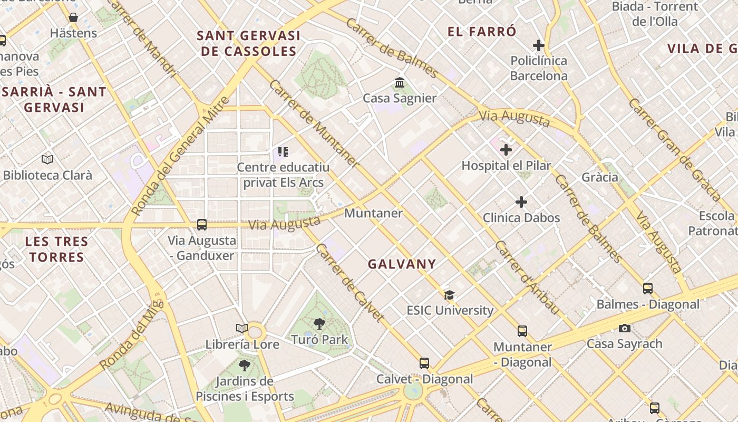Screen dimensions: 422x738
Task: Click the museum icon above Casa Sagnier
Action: click(400, 83)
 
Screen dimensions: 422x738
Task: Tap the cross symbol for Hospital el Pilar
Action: click(506, 150)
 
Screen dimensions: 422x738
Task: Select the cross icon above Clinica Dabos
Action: click(521, 202)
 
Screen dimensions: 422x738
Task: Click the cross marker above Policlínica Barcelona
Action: click(538, 45)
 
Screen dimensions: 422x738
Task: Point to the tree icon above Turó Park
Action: click(319, 323)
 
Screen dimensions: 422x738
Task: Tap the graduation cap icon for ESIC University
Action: click(449, 295)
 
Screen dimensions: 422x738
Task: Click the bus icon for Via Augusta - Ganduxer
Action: click(202, 225)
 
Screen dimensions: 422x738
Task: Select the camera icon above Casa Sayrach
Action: click(625, 328)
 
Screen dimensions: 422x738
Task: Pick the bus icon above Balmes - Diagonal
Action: click(648, 289)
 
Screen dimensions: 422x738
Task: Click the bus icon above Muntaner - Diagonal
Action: click(522, 331)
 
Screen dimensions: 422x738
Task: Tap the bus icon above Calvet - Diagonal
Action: click(424, 363)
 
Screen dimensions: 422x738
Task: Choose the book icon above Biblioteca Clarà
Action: click(47, 159)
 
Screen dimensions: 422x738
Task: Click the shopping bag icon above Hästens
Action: click(73, 18)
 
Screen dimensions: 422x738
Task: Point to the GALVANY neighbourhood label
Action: click(402, 264)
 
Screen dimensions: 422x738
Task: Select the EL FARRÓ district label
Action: click(482, 32)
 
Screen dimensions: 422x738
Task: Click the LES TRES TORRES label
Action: click(56, 250)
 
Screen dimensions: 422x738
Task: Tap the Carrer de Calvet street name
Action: click(349, 283)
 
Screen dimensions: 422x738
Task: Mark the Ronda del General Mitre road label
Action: click(180, 156)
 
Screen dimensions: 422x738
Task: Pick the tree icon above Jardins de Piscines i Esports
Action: click(244, 365)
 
